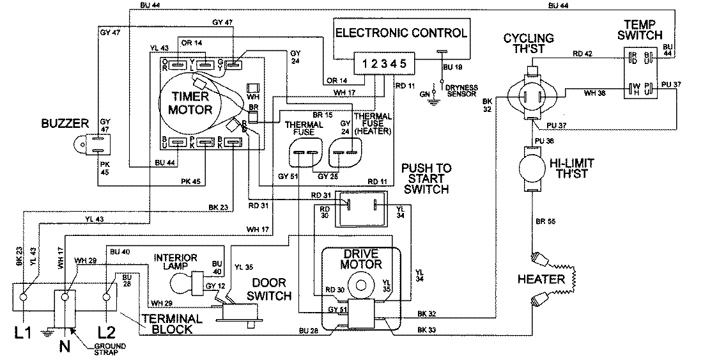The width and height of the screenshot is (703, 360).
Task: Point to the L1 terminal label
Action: click(x=22, y=333)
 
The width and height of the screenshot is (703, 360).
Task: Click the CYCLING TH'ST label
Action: click(x=528, y=43)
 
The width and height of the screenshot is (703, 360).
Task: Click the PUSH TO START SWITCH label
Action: click(x=426, y=178)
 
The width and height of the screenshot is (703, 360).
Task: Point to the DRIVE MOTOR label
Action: click(x=361, y=259)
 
